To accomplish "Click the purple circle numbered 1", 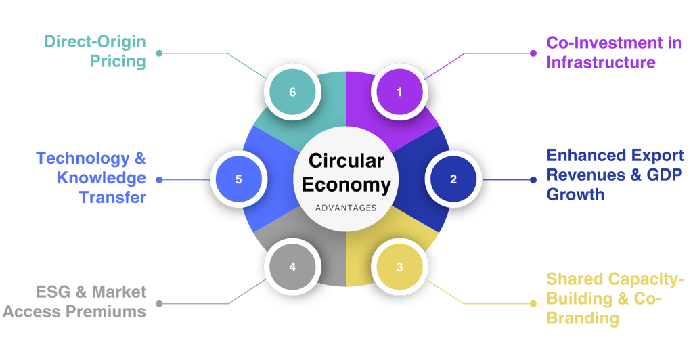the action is tap(399, 92).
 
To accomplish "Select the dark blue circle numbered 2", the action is tap(453, 179).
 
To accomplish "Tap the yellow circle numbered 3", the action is tap(399, 267).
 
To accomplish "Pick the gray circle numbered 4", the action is tap(292, 267).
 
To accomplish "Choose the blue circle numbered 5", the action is tap(238, 179).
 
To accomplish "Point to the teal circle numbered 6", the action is tap(292, 92).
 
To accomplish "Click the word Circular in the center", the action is tap(346, 161).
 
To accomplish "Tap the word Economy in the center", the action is tap(346, 184).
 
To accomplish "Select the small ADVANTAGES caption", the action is tap(346, 208).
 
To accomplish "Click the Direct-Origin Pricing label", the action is tap(95, 51).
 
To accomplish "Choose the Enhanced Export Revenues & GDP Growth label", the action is tap(614, 175).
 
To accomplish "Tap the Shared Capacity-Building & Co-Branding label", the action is tap(615, 298).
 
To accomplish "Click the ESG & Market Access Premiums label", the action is tap(75, 302).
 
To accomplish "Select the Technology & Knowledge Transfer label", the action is tap(91, 178).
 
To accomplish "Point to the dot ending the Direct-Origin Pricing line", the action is tap(158, 52).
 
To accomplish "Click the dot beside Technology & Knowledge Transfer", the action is tap(158, 180).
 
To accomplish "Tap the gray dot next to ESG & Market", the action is tap(158, 302).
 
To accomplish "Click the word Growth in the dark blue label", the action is tap(575, 195).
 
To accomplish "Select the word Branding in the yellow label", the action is tap(583, 318).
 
